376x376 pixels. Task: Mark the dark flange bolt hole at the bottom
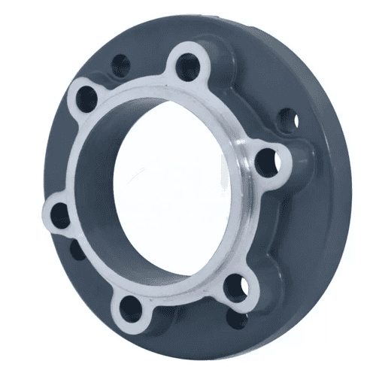point(236,320)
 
